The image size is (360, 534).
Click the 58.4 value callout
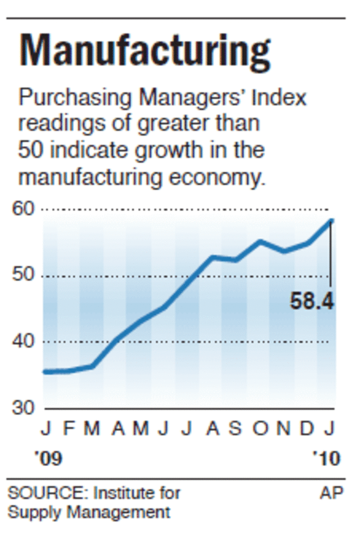[x=312, y=301]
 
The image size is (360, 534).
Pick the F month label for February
[x=69, y=429]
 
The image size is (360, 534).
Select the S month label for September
[x=236, y=429]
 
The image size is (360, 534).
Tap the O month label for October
[x=260, y=429]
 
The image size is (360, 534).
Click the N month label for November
[x=284, y=429]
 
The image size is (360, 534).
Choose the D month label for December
[x=307, y=429]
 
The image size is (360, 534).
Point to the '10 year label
[x=326, y=459]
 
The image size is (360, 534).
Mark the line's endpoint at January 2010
[x=332, y=220]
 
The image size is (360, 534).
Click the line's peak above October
[x=260, y=242]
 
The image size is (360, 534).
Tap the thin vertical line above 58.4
[x=331, y=256]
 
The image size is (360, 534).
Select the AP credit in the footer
[x=331, y=493]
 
